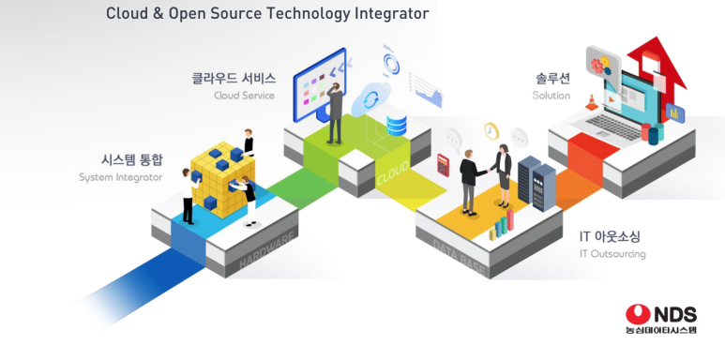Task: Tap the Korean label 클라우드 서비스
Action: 234,79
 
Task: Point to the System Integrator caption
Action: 121,176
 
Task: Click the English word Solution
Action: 551,96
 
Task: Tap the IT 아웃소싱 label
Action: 610,236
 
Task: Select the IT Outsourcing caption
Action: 612,253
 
